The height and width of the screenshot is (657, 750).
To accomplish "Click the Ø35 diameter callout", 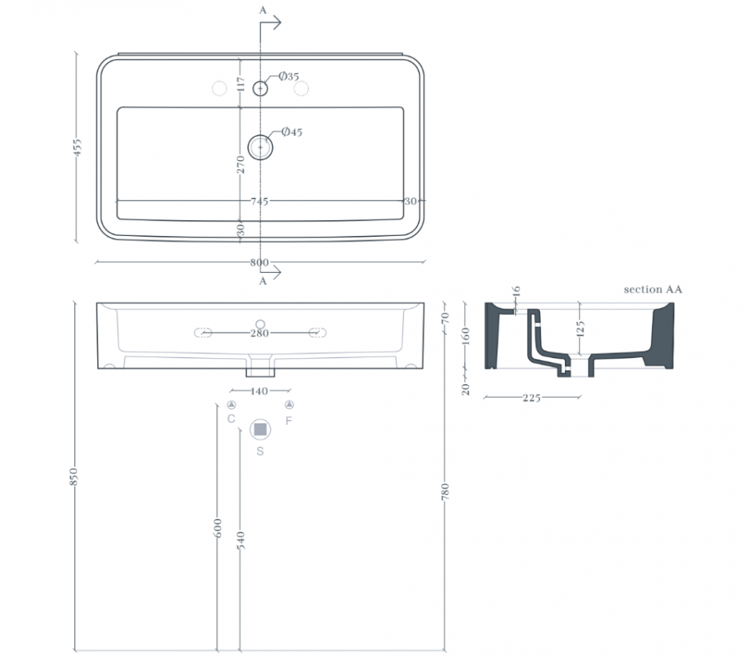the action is click(x=289, y=76).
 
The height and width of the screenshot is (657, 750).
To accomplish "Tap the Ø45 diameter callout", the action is click(x=292, y=132).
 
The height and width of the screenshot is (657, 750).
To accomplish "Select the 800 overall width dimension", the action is click(x=259, y=262).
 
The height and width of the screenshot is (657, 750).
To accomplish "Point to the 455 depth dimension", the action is click(x=77, y=148).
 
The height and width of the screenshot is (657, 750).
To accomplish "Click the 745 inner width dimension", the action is click(x=260, y=201).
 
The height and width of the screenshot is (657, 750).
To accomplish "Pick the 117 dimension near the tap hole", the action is click(x=241, y=85).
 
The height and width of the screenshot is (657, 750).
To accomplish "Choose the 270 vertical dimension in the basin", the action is click(x=241, y=165).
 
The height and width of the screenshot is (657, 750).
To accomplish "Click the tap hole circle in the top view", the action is click(x=260, y=89).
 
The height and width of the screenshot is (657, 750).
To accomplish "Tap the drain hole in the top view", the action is click(x=260, y=148).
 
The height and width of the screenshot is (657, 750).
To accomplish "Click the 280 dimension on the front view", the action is click(x=260, y=333).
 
